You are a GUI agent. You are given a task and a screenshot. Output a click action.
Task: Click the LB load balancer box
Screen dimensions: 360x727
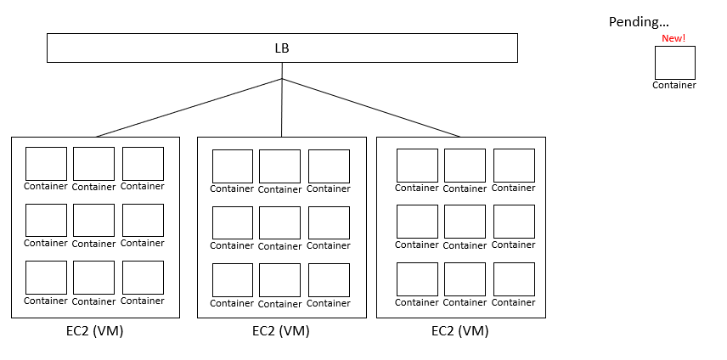(x=281, y=48)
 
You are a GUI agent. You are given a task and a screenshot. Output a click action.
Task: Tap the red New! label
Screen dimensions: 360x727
(x=673, y=38)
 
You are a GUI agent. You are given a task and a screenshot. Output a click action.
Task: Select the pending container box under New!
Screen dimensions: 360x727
(x=674, y=63)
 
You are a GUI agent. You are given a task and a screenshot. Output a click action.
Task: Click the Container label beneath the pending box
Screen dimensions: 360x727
(x=674, y=85)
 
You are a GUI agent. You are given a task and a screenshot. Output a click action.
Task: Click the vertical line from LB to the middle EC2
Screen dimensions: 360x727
(x=282, y=108)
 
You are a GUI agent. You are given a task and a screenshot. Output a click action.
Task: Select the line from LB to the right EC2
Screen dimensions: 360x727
(x=371, y=108)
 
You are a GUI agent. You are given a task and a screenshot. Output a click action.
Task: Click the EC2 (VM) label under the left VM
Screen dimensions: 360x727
(x=95, y=331)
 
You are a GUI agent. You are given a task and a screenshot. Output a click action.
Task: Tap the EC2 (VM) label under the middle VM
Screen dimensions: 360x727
(x=281, y=331)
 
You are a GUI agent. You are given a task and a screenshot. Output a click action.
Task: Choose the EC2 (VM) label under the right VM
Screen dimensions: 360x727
(x=460, y=331)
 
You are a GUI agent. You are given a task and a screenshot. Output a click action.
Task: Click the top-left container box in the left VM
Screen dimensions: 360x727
(x=46, y=164)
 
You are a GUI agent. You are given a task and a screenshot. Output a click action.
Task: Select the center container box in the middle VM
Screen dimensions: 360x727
(x=279, y=222)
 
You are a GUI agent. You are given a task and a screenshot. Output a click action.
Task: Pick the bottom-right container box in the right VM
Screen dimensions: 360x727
(x=514, y=279)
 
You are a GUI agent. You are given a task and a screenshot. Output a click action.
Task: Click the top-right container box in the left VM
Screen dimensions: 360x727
(x=143, y=164)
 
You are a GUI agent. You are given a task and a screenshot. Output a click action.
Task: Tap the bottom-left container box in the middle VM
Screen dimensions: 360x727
(x=232, y=280)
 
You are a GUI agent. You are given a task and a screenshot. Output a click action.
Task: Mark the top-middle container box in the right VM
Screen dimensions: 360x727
(x=465, y=166)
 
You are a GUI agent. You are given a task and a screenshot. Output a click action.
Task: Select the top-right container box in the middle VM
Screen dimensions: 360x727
(x=329, y=166)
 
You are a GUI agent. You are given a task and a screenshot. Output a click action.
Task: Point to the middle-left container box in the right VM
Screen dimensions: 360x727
(x=417, y=222)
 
